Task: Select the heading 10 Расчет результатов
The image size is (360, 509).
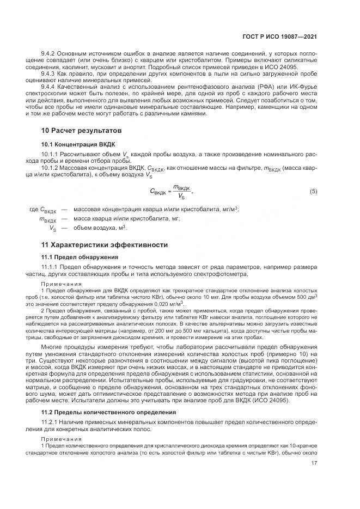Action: coord(81,131)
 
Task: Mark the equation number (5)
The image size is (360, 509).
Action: coord(313,191)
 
